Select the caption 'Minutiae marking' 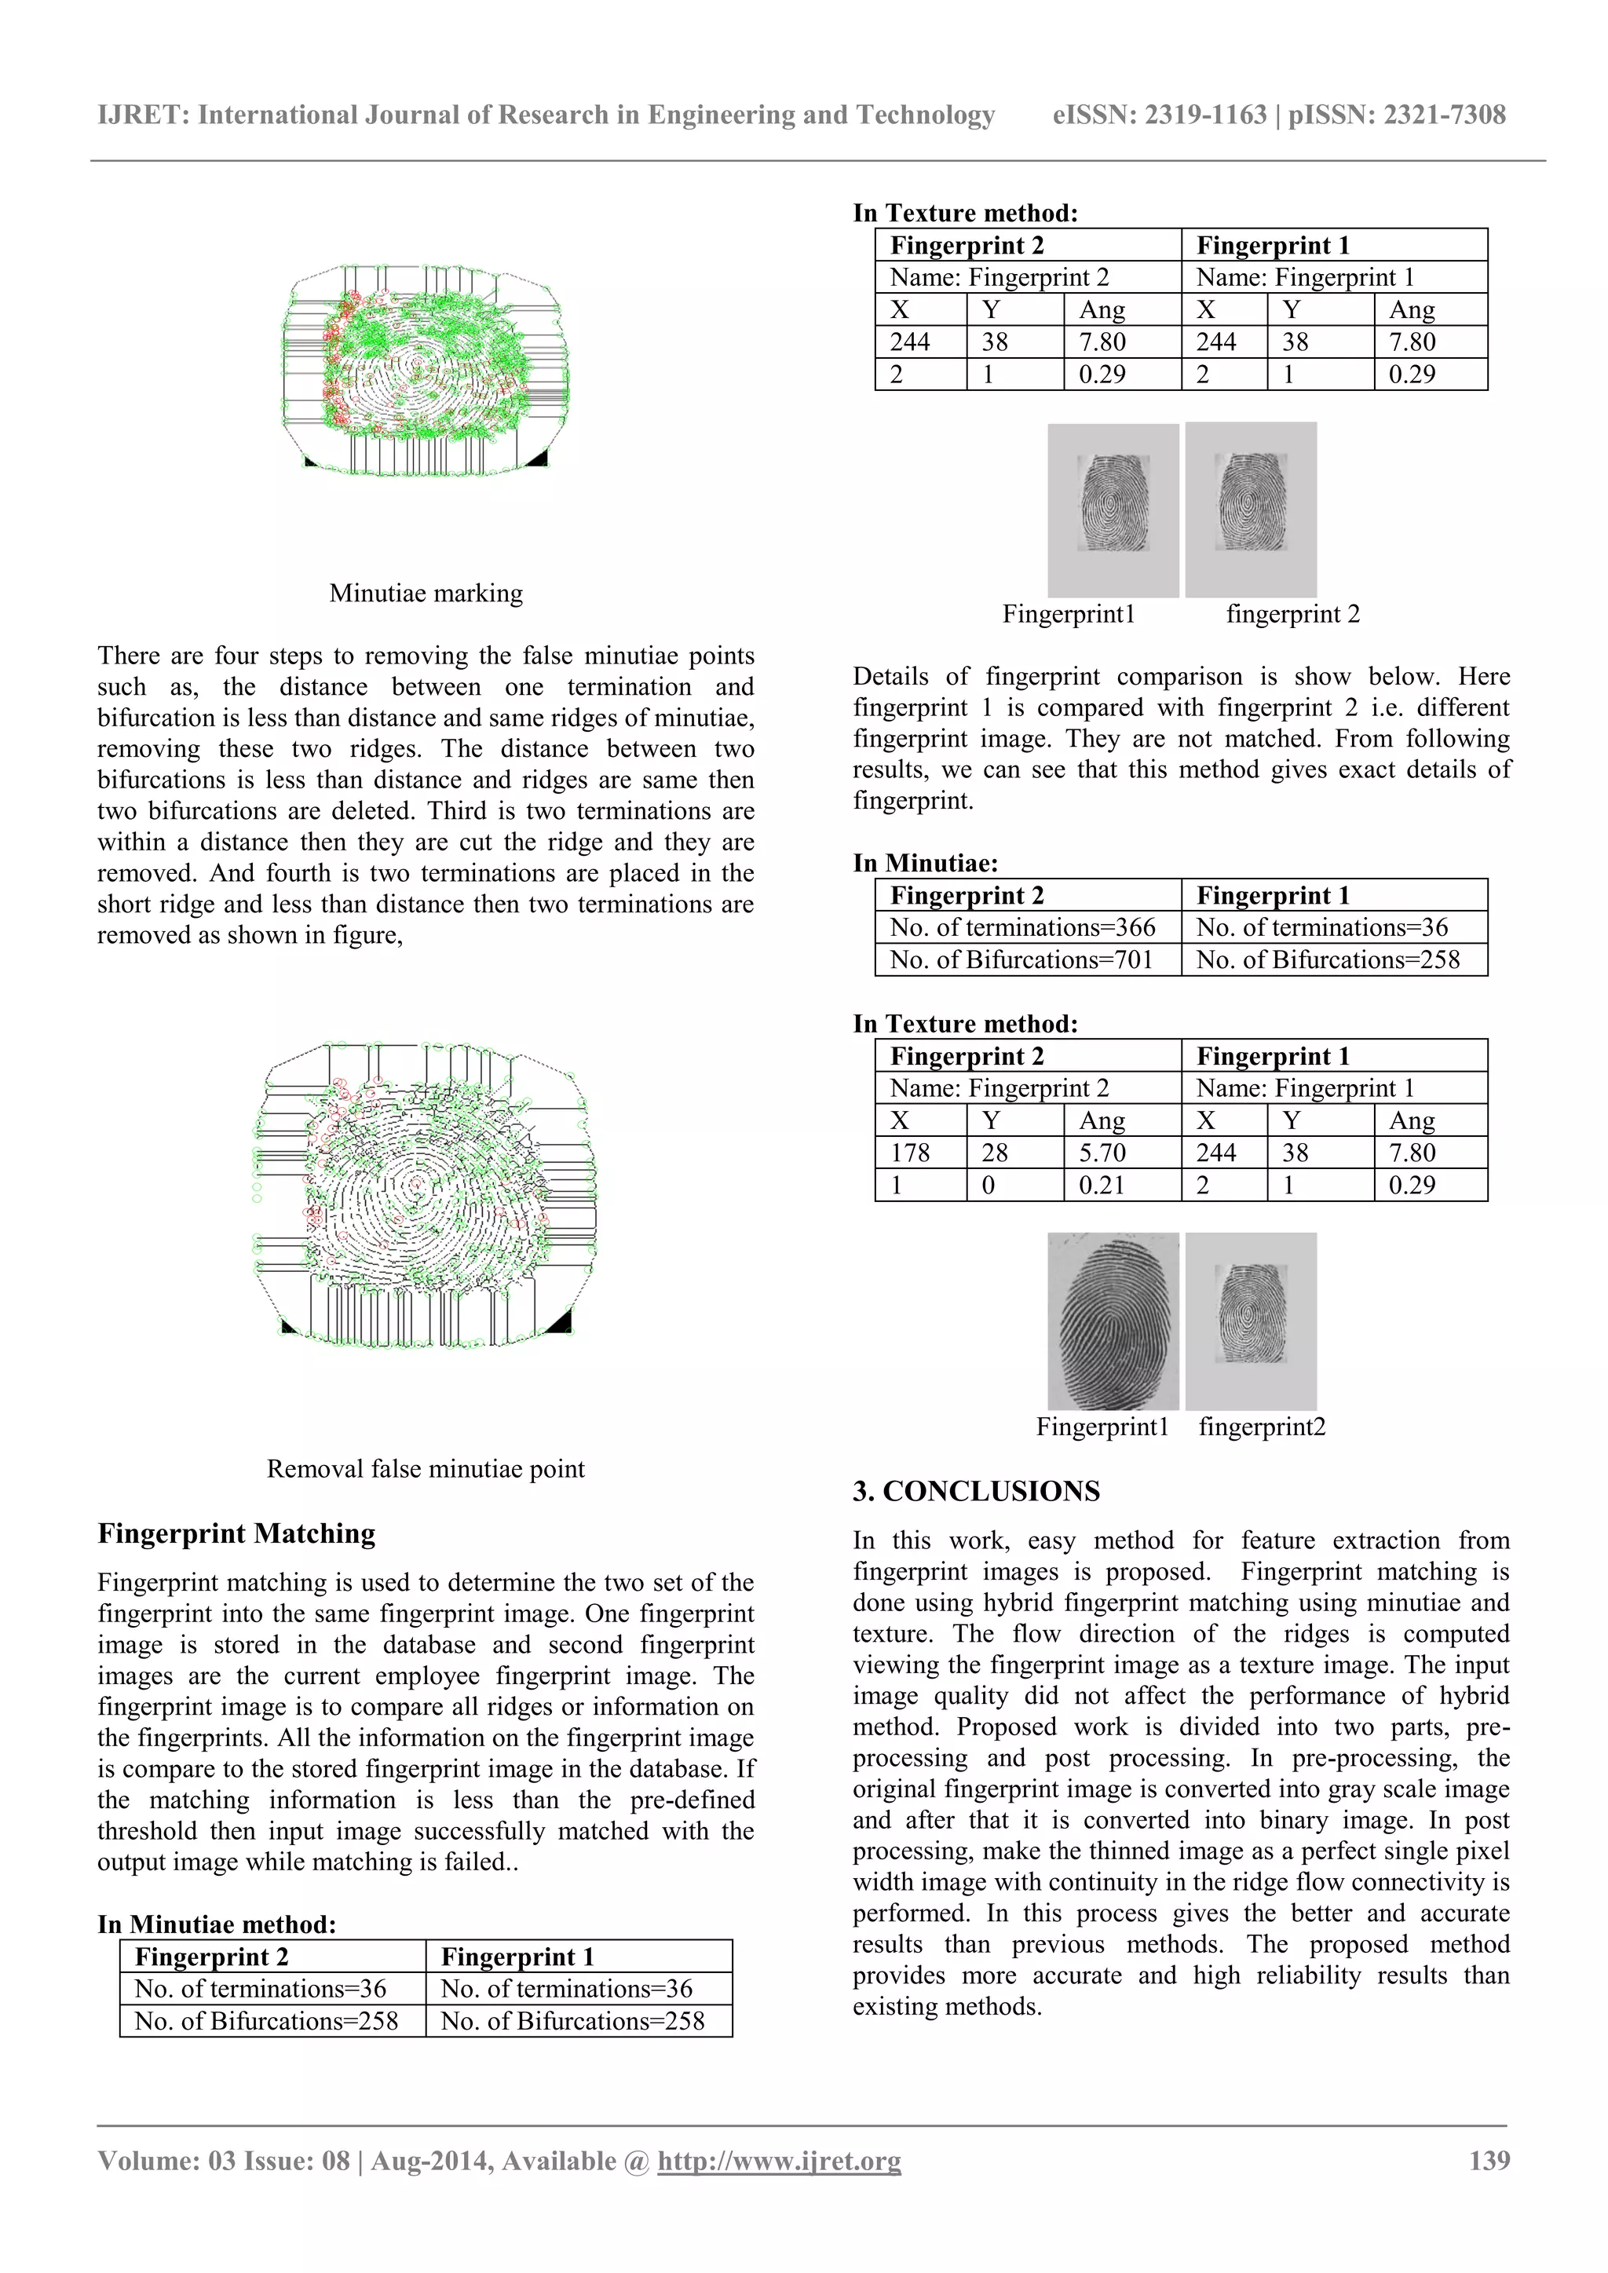426,593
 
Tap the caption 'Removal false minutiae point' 426,1468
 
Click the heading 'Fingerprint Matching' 236,1533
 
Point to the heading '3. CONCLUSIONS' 976,1491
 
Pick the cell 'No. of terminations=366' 1023,927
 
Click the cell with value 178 910,1153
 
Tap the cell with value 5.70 1102,1153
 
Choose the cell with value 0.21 1102,1185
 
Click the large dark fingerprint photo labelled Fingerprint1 1113,1321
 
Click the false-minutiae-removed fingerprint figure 426,1193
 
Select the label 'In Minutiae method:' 217,1924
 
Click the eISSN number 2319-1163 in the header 1205,115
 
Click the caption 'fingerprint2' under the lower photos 1262,1427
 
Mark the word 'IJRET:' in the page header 144,115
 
